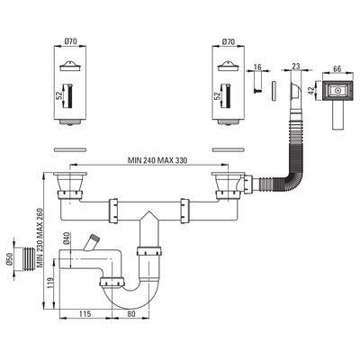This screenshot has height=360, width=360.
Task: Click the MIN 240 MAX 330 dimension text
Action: pyautogui.click(x=157, y=160)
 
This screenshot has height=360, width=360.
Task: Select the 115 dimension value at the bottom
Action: pyautogui.click(x=85, y=314)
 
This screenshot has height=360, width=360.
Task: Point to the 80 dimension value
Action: pyautogui.click(x=131, y=314)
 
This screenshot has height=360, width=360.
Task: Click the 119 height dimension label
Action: pyautogui.click(x=50, y=283)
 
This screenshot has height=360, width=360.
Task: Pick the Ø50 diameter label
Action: pyautogui.click(x=9, y=259)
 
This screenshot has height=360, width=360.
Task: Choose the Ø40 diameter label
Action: pyautogui.click(x=67, y=238)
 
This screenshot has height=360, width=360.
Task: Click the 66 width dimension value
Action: pyautogui.click(x=337, y=68)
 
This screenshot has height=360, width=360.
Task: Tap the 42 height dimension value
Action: pyautogui.click(x=311, y=90)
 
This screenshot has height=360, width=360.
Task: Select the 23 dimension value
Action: pyautogui.click(x=296, y=67)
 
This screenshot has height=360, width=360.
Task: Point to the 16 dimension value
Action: pyautogui.click(x=257, y=67)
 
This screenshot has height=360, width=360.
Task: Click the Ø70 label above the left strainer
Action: pyautogui.click(x=70, y=41)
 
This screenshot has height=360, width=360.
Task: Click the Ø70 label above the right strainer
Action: pyautogui.click(x=229, y=41)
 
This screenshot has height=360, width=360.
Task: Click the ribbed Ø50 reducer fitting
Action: pyautogui.click(x=27, y=259)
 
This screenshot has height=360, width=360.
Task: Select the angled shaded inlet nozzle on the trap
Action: pyautogui.click(x=92, y=243)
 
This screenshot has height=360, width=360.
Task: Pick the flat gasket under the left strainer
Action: pyautogui.click(x=70, y=149)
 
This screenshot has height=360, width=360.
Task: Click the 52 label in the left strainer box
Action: pyautogui.click(x=59, y=95)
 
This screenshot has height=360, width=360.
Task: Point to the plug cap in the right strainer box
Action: pyautogui.click(x=229, y=67)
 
